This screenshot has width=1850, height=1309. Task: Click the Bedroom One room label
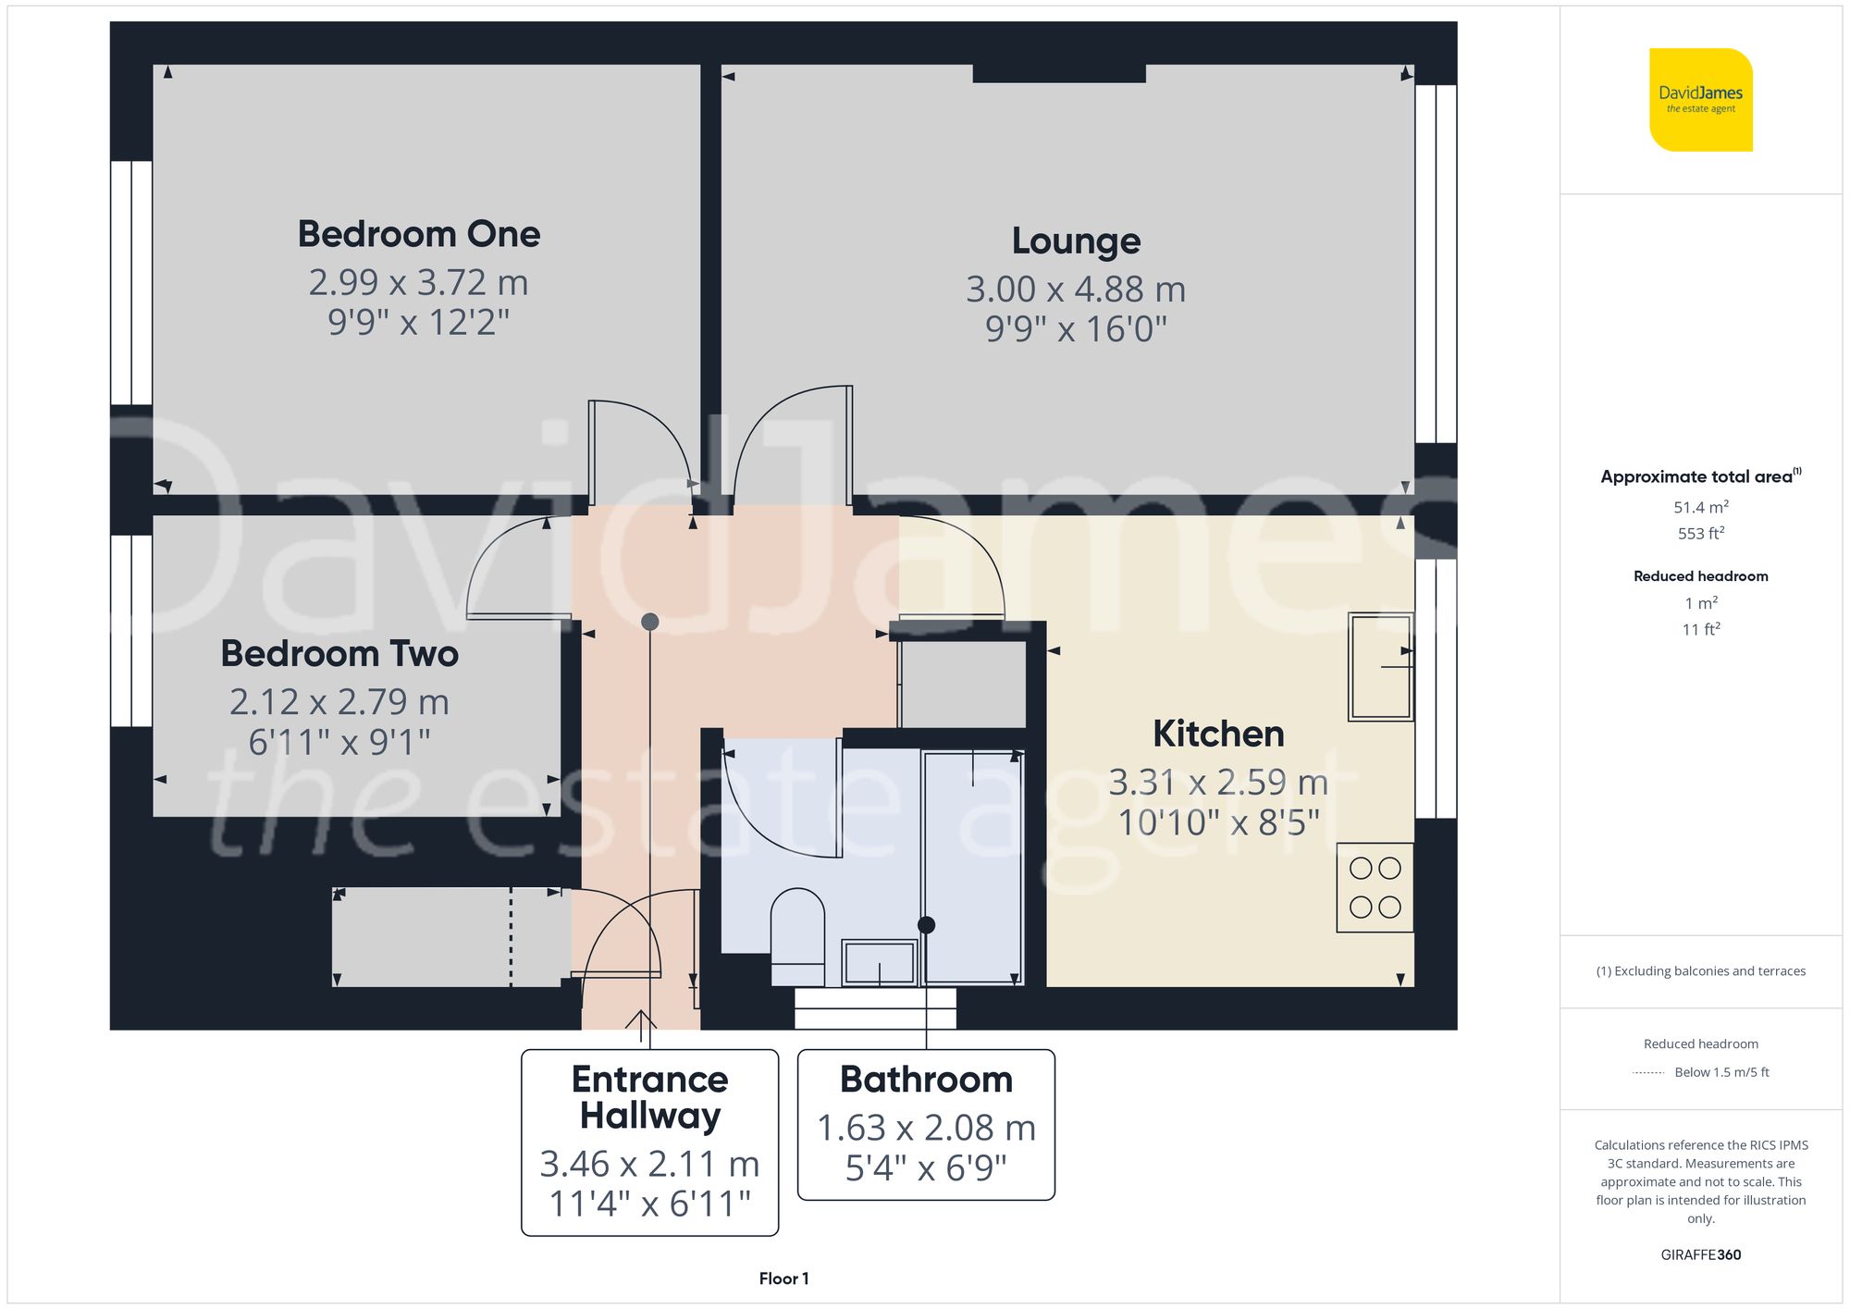[x=418, y=234]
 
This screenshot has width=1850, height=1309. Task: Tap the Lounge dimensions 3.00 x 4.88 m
[x=1076, y=290]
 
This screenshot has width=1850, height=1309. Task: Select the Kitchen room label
[x=1218, y=734]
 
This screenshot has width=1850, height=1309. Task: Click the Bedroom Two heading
[x=339, y=654]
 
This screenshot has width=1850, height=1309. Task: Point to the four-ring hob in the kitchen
[x=1375, y=887]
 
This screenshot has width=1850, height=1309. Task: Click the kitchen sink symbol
[x=1380, y=666]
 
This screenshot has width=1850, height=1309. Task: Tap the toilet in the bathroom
[x=797, y=934]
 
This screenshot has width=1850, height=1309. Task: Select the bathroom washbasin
[x=879, y=963]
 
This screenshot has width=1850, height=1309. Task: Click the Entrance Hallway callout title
[x=649, y=1097]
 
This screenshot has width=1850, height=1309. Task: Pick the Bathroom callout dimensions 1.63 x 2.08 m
[x=926, y=1128]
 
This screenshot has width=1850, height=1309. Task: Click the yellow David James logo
[x=1700, y=100]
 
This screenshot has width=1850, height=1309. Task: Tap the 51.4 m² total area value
[x=1700, y=507]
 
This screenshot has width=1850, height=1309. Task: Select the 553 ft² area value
[x=1700, y=534]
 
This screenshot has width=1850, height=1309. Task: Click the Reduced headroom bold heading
[x=1700, y=576]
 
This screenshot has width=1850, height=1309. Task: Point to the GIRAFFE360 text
[x=1700, y=1254]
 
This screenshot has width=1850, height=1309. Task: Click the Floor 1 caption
[x=783, y=1278]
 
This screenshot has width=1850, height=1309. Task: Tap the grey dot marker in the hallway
[x=650, y=622]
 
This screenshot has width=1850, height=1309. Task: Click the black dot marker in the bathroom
[x=926, y=925]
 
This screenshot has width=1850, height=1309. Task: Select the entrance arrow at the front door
[x=640, y=1021]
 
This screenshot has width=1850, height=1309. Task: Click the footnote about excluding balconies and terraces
[x=1700, y=971]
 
